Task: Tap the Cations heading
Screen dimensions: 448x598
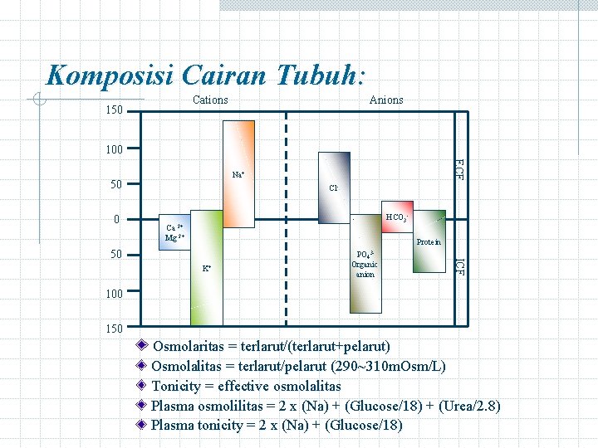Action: [x=210, y=100]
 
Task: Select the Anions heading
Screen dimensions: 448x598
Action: [x=386, y=100]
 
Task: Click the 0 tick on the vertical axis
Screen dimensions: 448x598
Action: [x=118, y=220]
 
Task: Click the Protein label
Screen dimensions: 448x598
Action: [x=429, y=241]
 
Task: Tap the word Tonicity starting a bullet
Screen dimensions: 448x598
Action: [x=176, y=386]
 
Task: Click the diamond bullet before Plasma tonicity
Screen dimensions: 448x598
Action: [x=143, y=426]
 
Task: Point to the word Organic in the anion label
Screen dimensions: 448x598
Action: [x=365, y=265]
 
